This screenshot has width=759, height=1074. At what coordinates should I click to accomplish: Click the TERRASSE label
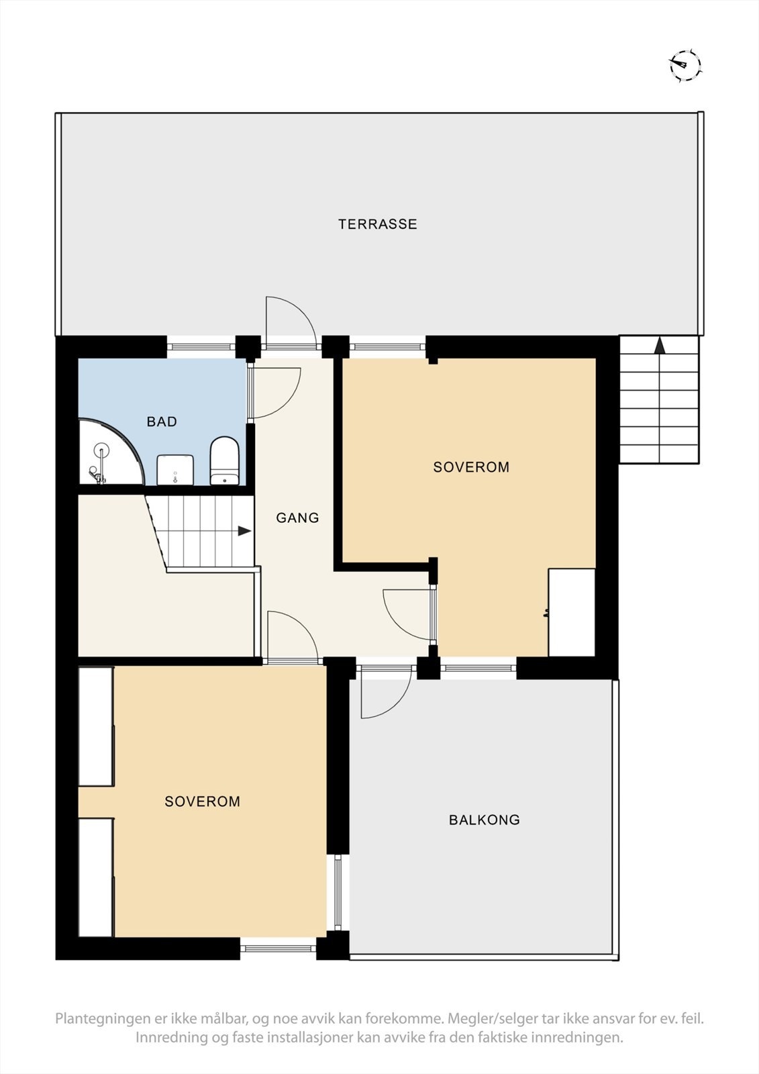tap(377, 224)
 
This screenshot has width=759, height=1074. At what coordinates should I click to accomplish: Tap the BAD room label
tap(162, 422)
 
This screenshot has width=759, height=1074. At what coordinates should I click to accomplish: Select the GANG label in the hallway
tap(297, 518)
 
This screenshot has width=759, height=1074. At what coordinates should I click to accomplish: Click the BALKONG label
tap(484, 820)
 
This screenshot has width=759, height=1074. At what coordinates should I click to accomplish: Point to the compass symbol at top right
tap(685, 66)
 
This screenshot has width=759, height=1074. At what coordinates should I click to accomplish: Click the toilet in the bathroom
tap(225, 460)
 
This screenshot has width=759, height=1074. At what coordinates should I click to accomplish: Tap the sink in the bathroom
tap(175, 469)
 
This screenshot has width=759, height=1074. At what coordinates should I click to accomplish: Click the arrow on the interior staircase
tap(244, 531)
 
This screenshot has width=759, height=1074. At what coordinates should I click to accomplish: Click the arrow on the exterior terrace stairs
tap(660, 346)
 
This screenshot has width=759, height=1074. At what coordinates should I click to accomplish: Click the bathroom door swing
tap(274, 393)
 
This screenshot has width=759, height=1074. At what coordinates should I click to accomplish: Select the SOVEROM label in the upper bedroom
tap(471, 467)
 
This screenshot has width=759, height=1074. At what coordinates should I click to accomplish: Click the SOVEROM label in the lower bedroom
tap(202, 801)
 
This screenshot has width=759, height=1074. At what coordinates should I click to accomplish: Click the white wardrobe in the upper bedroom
tap(572, 612)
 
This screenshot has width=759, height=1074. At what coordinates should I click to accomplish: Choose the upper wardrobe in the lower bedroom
tap(95, 726)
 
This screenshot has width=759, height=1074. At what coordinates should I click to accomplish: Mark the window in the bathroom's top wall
tap(201, 346)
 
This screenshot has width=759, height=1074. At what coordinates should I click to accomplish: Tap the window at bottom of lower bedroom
tap(278, 948)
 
